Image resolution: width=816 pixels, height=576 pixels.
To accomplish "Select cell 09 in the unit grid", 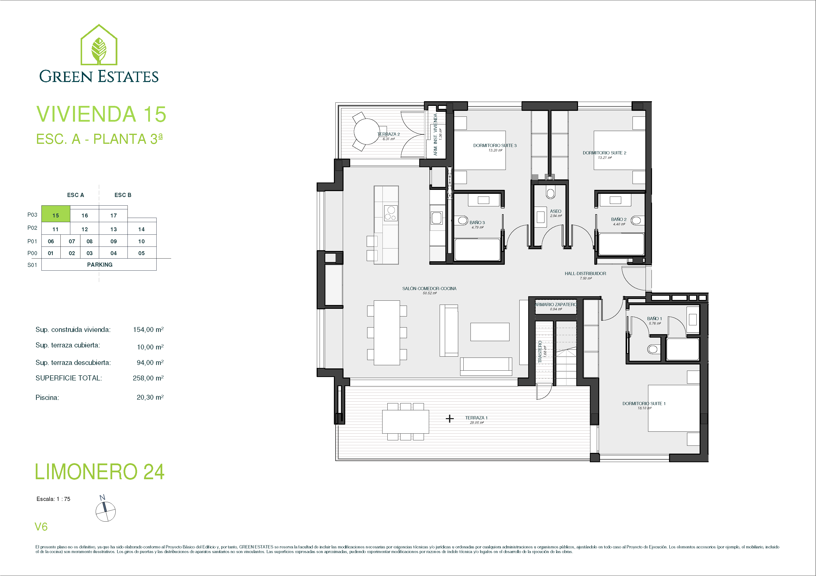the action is click(x=113, y=241).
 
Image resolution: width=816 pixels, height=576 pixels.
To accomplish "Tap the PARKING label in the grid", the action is click(x=100, y=265).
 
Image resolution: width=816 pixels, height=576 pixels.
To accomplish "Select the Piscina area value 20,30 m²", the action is click(x=150, y=397).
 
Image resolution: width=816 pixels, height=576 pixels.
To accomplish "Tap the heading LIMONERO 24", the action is click(x=100, y=471).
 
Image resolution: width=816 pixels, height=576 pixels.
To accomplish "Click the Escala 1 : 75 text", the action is click(x=53, y=499).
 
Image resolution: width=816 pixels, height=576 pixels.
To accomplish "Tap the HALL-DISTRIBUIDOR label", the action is click(x=585, y=274).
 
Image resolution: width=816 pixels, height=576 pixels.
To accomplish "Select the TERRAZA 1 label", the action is click(x=476, y=418).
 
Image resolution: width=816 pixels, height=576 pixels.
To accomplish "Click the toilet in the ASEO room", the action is click(x=550, y=193).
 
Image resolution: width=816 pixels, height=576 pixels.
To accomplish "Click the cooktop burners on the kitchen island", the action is click(x=391, y=213).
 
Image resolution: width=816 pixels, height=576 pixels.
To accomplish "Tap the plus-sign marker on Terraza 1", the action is click(x=450, y=419).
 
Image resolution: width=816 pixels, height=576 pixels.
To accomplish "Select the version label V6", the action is click(x=41, y=527).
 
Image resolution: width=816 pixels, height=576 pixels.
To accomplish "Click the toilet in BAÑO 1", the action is click(x=653, y=349).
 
